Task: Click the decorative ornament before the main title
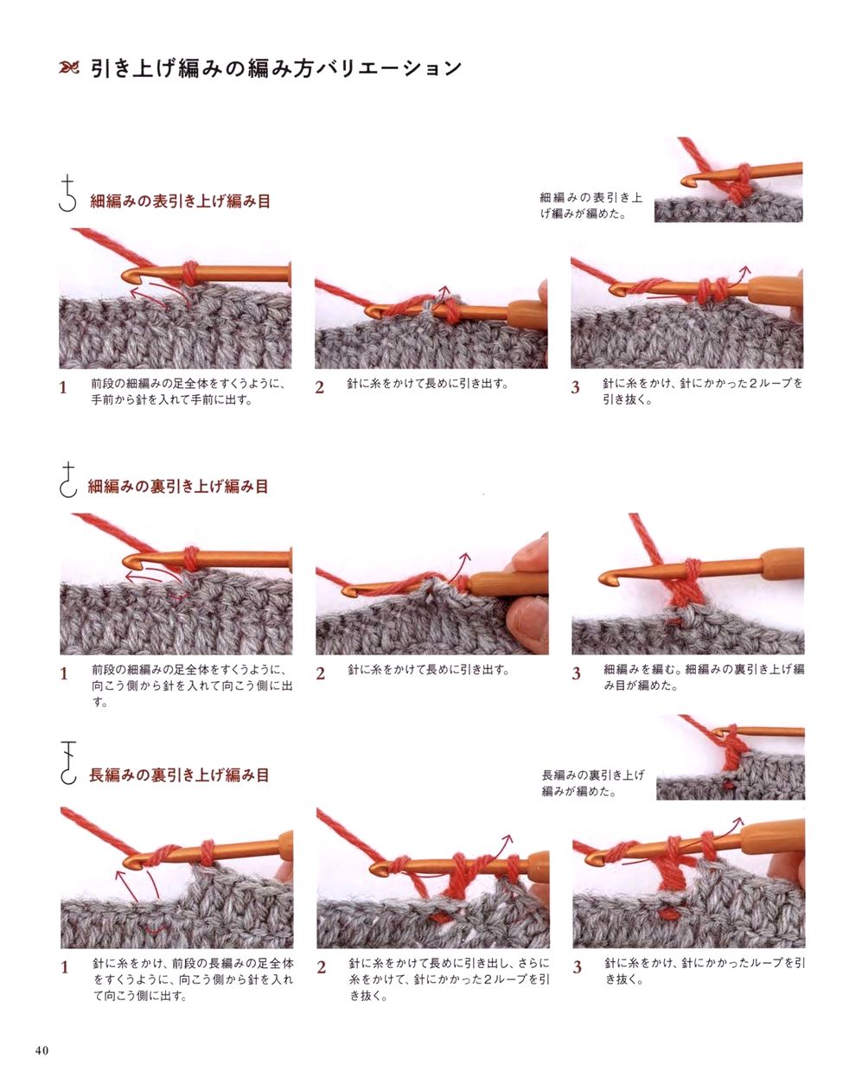[x=68, y=67]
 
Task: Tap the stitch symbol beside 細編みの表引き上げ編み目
[x=67, y=193]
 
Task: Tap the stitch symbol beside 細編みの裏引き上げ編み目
[x=68, y=480]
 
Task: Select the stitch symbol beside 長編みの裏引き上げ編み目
[x=68, y=762]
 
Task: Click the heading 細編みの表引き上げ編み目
[x=181, y=201]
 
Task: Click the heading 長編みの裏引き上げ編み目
[x=179, y=775]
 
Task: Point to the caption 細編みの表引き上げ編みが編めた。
[x=591, y=206]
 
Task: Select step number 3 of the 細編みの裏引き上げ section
[x=576, y=673]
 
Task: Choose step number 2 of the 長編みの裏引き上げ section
[x=321, y=967]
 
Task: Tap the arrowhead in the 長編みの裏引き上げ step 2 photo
[x=508, y=839]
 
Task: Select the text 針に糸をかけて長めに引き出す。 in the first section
[x=428, y=384]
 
